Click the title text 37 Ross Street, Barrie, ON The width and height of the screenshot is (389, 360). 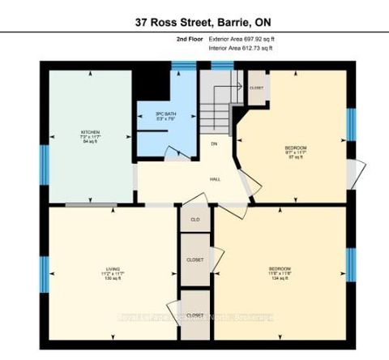click(194, 14)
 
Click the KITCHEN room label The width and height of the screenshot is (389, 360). click(90, 131)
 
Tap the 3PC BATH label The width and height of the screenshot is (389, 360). click(166, 114)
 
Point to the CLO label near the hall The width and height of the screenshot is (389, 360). click(194, 220)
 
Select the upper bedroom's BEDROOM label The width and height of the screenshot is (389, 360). click(295, 148)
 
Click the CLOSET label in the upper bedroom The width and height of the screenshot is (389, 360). click(257, 87)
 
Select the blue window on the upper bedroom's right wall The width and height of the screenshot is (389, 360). click(351, 123)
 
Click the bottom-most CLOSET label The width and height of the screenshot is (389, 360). click(194, 315)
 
